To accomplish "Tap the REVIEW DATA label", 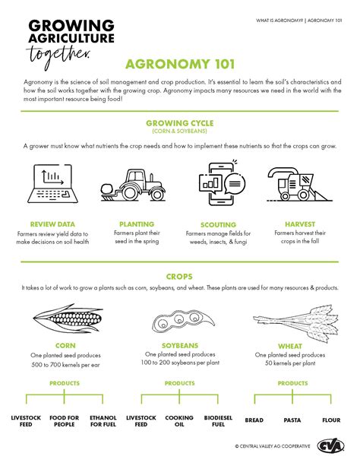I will pos(52,224).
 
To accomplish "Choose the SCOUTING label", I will pos(218,225).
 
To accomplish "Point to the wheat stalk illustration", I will pos(296,319).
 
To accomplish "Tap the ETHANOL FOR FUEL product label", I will pos(103,422).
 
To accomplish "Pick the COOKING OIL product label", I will pos(179,422).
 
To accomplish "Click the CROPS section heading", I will pos(180,276).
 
